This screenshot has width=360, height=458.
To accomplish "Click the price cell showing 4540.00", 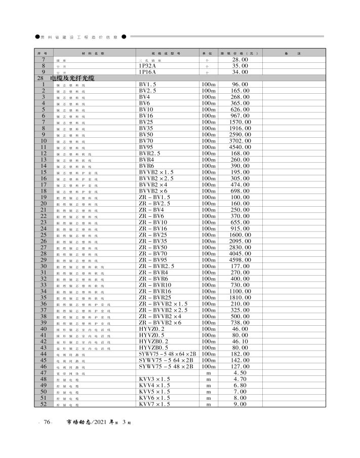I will click(241, 147).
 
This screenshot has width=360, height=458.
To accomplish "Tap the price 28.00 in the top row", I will click(241, 60).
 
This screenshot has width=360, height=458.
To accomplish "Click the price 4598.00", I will click(241, 260).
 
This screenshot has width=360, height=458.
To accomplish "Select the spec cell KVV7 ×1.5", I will click(154, 404).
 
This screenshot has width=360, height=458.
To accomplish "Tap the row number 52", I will click(44, 404).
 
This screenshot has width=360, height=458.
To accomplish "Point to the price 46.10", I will click(241, 341).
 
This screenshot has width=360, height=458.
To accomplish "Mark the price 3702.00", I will click(241, 141).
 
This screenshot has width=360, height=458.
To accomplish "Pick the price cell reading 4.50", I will click(241, 373).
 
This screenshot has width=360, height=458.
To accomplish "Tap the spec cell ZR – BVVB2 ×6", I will click(160, 323).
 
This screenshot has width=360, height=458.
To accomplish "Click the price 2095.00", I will click(241, 241).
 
